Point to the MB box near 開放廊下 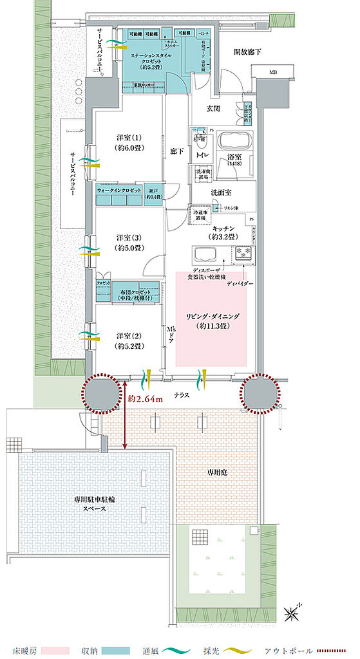[x=273, y=73]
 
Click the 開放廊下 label [x=247, y=51]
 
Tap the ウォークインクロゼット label [x=120, y=191]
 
